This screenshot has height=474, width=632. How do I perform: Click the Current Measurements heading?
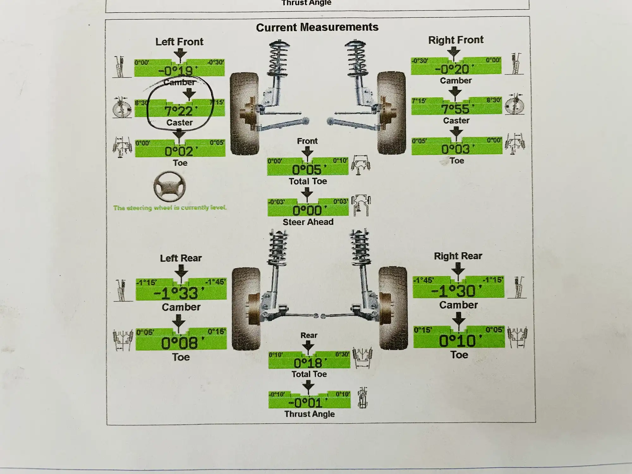pyautogui.click(x=317, y=27)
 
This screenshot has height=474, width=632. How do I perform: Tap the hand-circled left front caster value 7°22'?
pyautogui.click(x=179, y=111)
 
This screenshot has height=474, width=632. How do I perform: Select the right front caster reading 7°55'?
pyautogui.click(x=456, y=109)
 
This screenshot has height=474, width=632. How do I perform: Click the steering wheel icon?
pyautogui.click(x=169, y=187)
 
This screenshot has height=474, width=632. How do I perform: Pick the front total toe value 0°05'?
pyautogui.click(x=307, y=170)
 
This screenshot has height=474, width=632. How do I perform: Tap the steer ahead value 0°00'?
pyautogui.click(x=307, y=210)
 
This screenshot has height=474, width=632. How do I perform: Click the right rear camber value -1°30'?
pyautogui.click(x=457, y=291)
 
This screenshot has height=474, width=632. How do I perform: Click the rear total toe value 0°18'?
pyautogui.click(x=308, y=363)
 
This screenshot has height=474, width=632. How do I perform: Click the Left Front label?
pyautogui.click(x=179, y=42)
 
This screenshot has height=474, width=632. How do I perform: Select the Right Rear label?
pyautogui.click(x=458, y=256)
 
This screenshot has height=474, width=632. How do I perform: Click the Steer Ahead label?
pyautogui.click(x=308, y=222)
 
